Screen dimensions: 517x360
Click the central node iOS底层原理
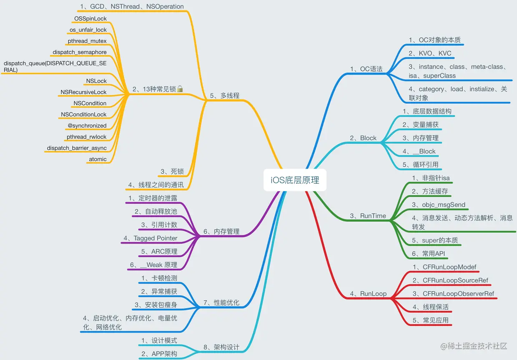pyautogui.click(x=295, y=180)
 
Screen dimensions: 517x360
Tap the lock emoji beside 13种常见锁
pyautogui.click(x=180, y=89)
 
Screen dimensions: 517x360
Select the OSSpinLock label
pyautogui.click(x=90, y=18)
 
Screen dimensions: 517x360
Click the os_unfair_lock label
pyautogui.click(x=88, y=30)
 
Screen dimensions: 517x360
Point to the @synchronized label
pyautogui.click(x=87, y=126)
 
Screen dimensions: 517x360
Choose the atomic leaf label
pyautogui.click(x=98, y=159)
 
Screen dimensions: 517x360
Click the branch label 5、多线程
pyautogui.click(x=225, y=96)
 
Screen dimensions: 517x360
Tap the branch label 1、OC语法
pyautogui.click(x=366, y=69)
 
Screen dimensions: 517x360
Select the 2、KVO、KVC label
pyautogui.click(x=430, y=53)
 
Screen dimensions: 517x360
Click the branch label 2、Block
pyautogui.click(x=363, y=138)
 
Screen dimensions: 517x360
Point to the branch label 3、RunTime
pyautogui.click(x=368, y=216)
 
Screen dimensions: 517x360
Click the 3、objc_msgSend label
pyautogui.click(x=439, y=204)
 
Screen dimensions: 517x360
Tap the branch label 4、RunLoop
pyautogui.click(x=368, y=294)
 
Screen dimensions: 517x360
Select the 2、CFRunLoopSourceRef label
pyautogui.click(x=450, y=280)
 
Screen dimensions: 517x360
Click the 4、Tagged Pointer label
pyautogui.click(x=151, y=238)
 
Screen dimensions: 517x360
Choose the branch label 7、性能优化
pyautogui.click(x=221, y=302)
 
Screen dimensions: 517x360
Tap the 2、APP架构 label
pyautogui.click(x=159, y=354)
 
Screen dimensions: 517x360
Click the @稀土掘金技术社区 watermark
pyautogui.click(x=474, y=346)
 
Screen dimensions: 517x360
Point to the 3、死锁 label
pyautogui.click(x=172, y=171)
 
